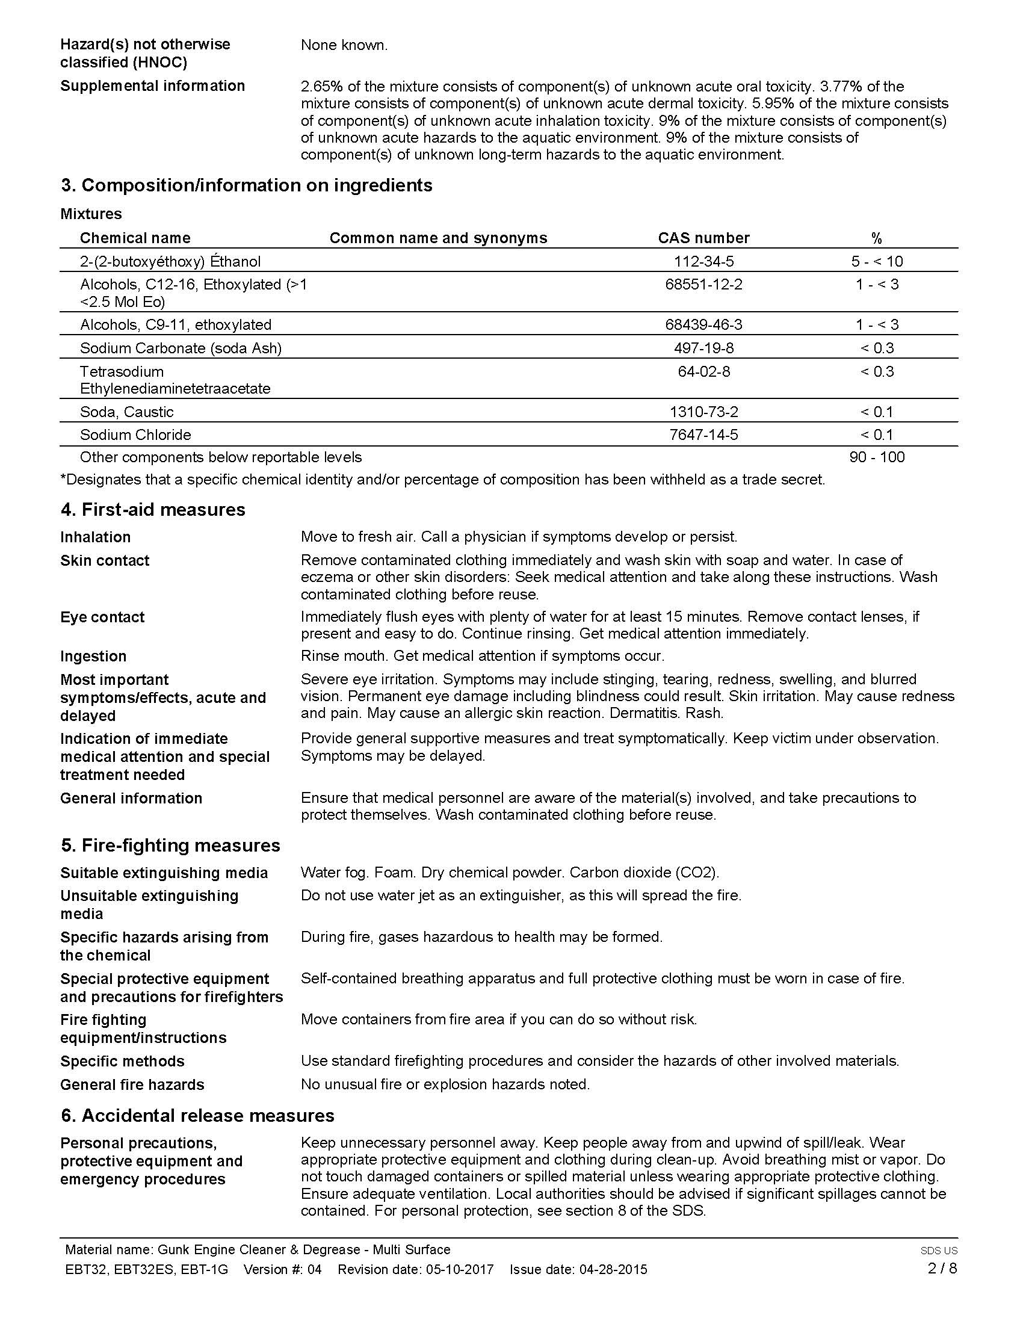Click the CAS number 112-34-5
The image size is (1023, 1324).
(703, 261)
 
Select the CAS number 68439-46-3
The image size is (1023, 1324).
(703, 324)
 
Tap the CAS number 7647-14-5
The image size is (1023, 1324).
(703, 435)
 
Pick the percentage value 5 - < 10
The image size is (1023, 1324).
(876, 261)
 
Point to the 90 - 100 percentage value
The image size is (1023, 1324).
(876, 457)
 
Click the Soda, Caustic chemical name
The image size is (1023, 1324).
(126, 412)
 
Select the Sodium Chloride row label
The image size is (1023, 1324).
(135, 435)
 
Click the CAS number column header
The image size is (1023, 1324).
(703, 238)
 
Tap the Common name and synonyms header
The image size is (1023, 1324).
(438, 238)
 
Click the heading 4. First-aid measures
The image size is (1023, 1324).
(153, 509)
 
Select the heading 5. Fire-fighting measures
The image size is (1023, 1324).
(170, 845)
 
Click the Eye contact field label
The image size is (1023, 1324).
(102, 617)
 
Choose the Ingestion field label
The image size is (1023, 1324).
(93, 656)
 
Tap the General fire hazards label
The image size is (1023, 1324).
(132, 1084)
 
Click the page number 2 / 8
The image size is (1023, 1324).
(942, 1268)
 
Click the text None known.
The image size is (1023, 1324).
(344, 45)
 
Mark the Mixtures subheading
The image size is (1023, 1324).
(91, 214)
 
